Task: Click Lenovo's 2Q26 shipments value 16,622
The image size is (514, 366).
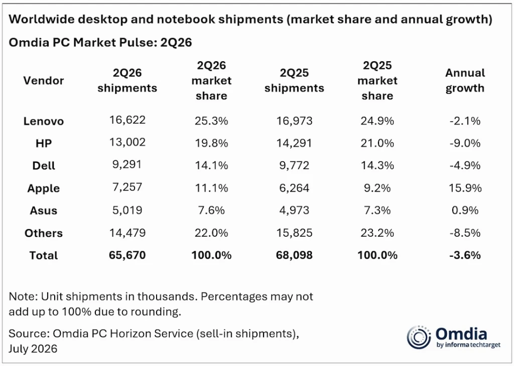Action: click(x=127, y=120)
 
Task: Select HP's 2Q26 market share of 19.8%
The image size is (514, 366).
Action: click(x=211, y=143)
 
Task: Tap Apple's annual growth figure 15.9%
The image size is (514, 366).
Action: click(x=465, y=188)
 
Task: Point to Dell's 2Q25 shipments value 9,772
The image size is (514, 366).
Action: click(x=294, y=165)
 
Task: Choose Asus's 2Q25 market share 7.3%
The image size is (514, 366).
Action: click(x=377, y=210)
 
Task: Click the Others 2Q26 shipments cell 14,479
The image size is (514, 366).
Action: click(x=127, y=233)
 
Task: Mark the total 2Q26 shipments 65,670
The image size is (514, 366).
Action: click(x=127, y=255)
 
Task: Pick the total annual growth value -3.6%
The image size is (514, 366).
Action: click(x=465, y=255)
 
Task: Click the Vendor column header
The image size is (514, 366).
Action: click(x=44, y=81)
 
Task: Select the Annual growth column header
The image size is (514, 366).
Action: click(x=465, y=81)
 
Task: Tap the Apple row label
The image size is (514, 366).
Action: click(x=44, y=189)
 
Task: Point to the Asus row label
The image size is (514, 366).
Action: click(x=44, y=211)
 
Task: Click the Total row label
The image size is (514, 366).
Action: click(x=44, y=255)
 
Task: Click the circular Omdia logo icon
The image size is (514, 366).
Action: click(x=419, y=337)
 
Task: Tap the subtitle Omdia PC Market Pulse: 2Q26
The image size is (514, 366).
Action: click(x=100, y=43)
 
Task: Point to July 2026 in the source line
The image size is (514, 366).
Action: click(x=33, y=348)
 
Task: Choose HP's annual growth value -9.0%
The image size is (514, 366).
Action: click(x=465, y=143)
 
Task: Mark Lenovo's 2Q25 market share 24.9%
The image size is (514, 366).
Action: click(x=377, y=121)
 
